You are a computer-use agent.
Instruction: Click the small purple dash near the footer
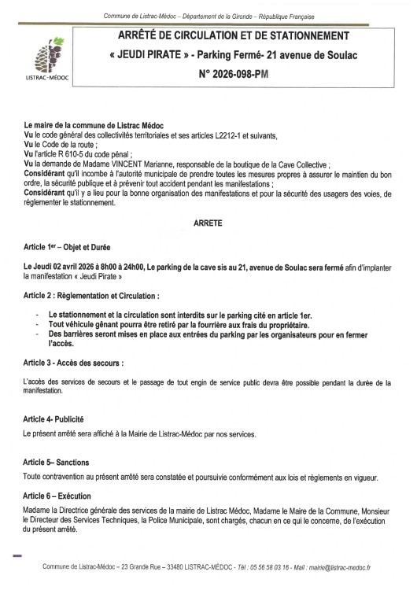coord(17,555)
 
